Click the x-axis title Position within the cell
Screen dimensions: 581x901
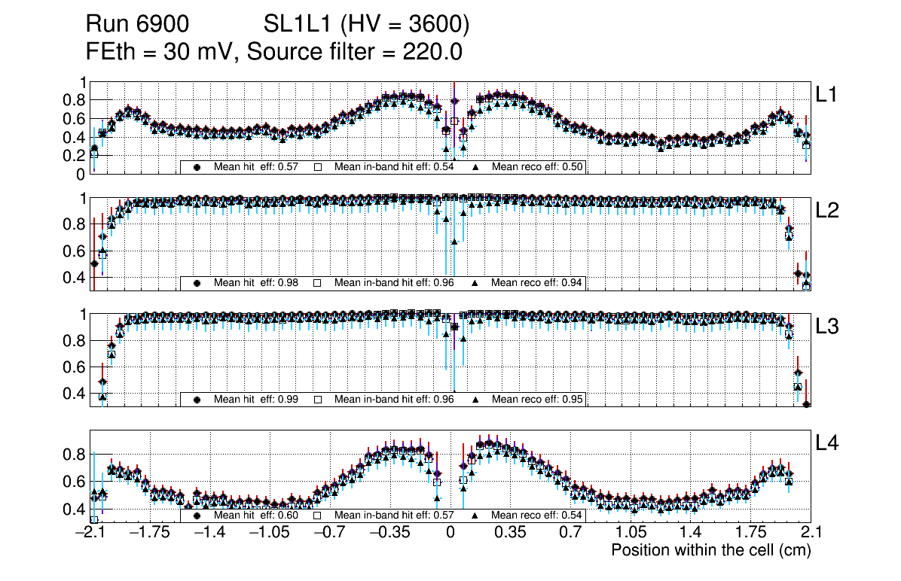(710, 550)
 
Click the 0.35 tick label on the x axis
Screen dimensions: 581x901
(510, 533)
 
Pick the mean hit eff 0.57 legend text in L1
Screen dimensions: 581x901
(256, 167)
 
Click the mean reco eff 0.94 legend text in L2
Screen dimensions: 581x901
(537, 283)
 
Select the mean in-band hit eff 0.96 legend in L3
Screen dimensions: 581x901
(394, 400)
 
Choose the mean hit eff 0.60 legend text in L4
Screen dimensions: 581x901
(256, 516)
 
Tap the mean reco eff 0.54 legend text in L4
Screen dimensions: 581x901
(537, 516)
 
